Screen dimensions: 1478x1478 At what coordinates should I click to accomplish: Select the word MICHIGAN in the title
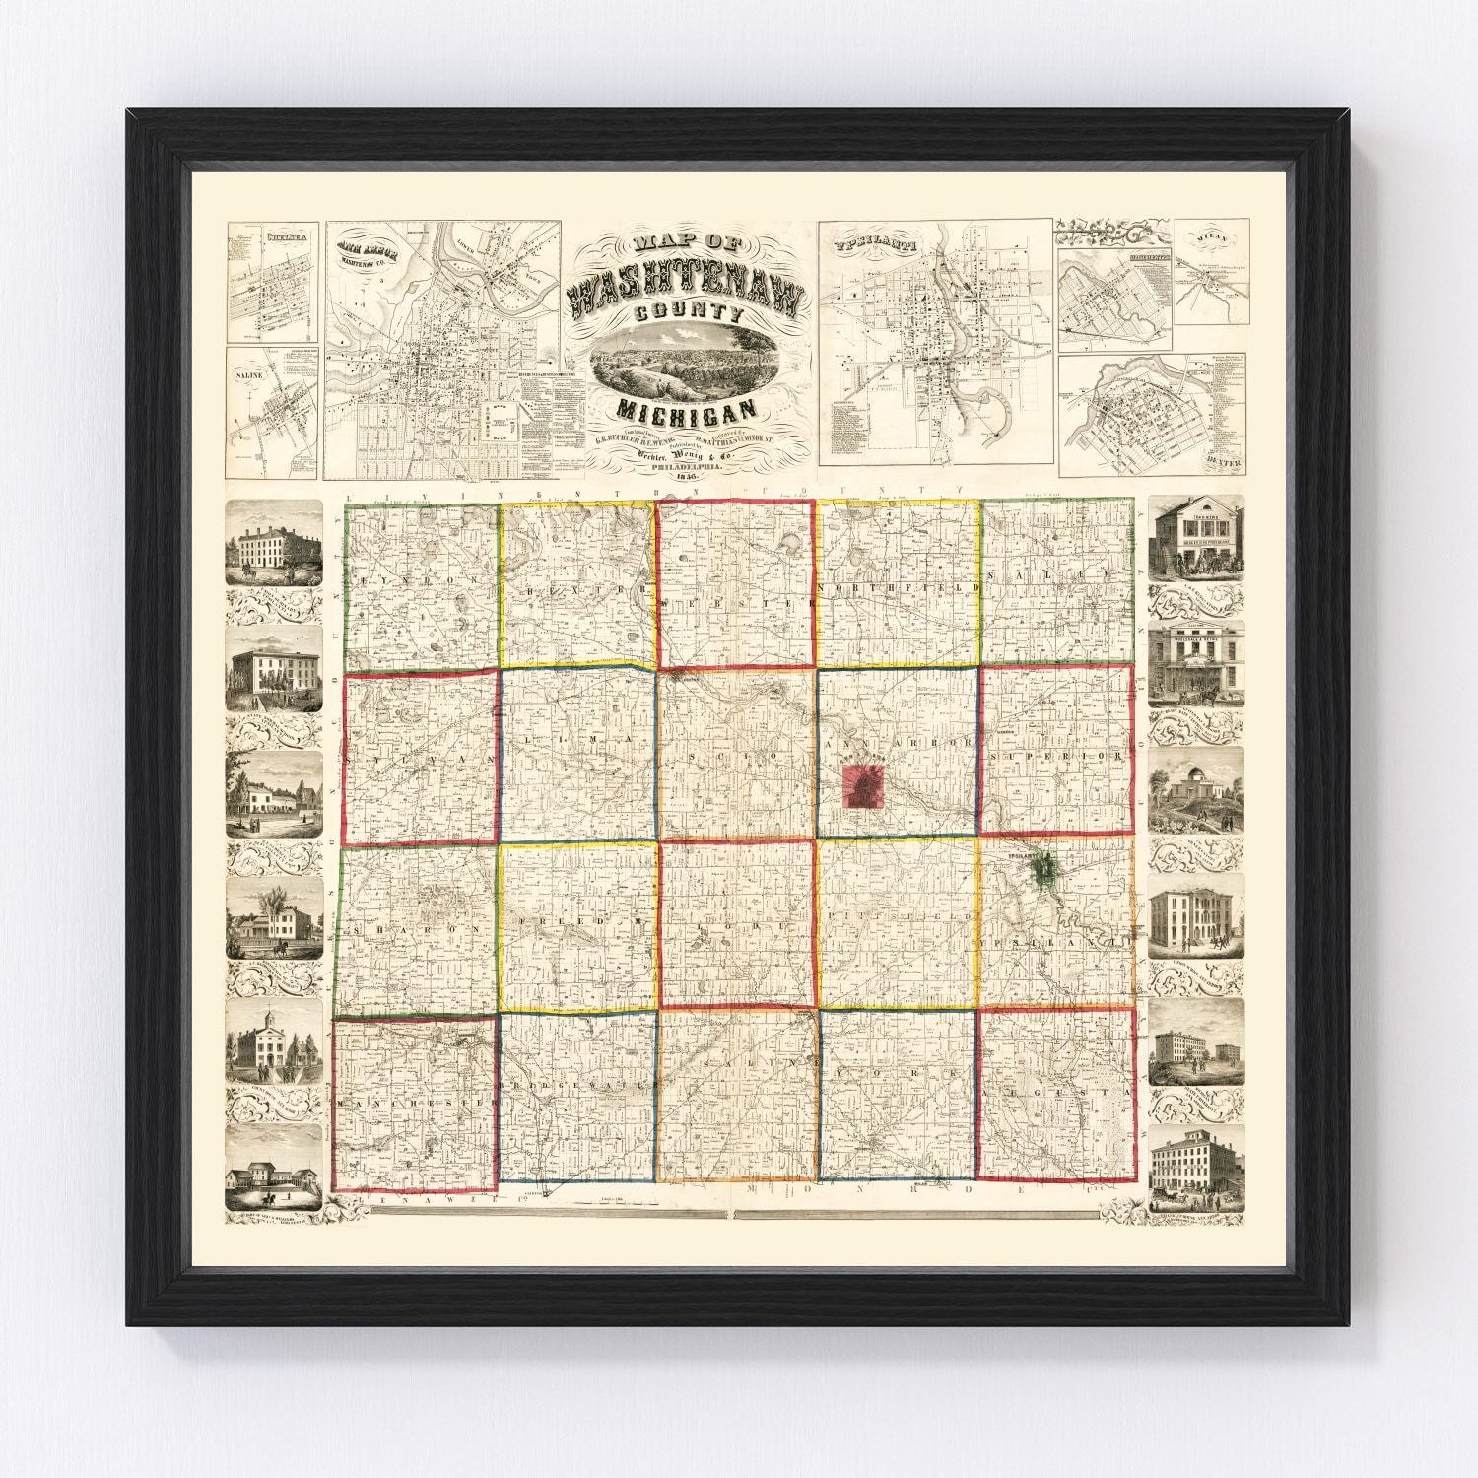687,407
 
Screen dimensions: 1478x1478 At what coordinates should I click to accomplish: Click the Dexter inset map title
1226,459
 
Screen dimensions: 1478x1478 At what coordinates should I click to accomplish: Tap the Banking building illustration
1195,541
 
